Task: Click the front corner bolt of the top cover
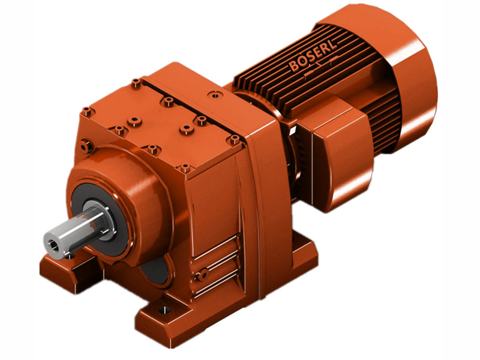click(x=185, y=168)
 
